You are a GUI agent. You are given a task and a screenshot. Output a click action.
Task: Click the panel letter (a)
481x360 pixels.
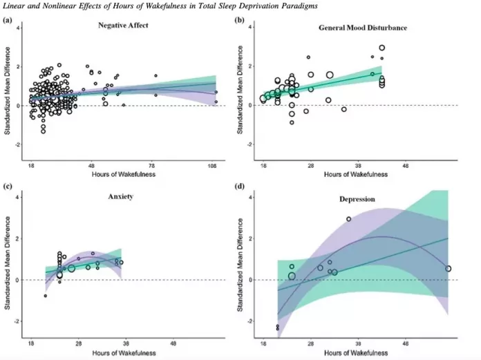click(x=8, y=20)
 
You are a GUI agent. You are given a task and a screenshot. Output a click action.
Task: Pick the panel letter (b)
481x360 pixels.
click(x=240, y=20)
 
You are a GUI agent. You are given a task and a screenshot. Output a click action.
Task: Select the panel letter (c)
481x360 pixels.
click(x=8, y=187)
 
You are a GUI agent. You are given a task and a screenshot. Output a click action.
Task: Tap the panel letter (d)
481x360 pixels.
click(x=240, y=187)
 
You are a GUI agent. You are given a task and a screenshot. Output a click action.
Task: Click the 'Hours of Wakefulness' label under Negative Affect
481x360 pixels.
click(x=123, y=175)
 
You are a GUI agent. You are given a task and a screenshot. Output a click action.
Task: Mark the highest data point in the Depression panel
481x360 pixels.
click(x=348, y=219)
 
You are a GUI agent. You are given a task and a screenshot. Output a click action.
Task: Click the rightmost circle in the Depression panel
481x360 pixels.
click(x=448, y=269)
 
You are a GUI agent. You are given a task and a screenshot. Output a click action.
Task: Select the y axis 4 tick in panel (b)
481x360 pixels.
click(x=252, y=25)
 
